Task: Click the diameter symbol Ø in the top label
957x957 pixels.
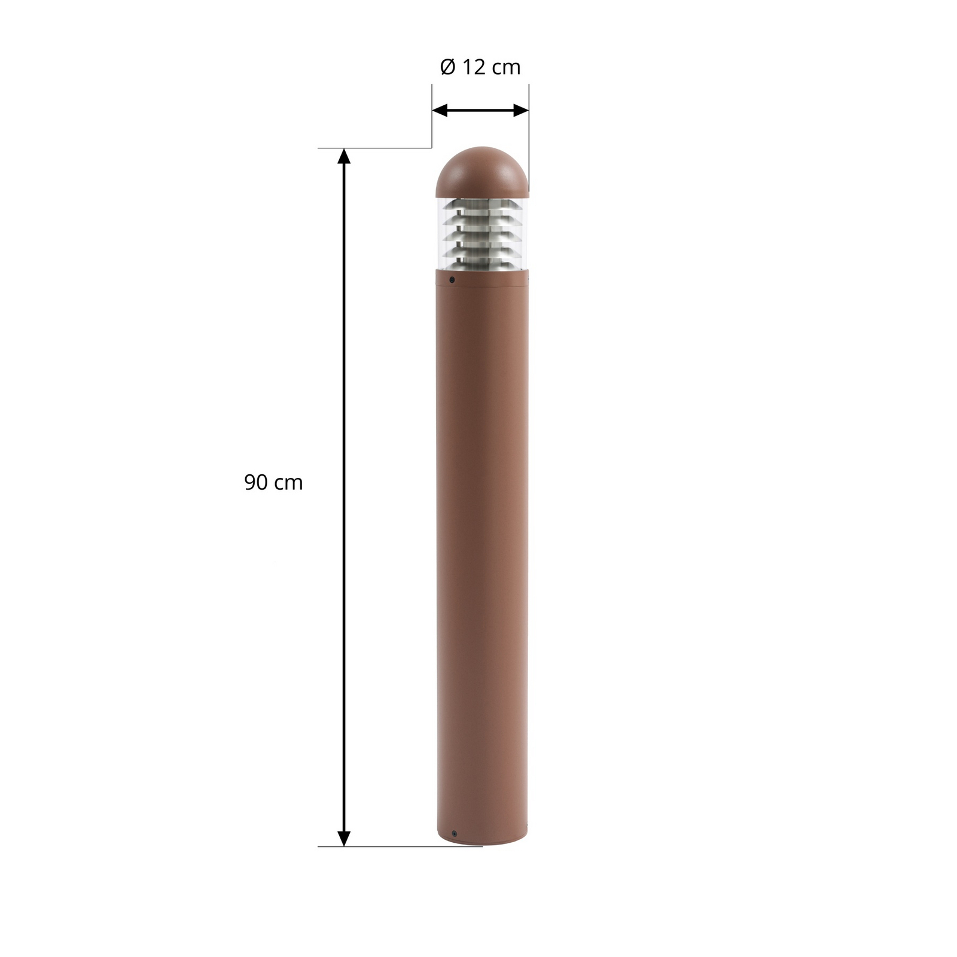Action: (x=447, y=67)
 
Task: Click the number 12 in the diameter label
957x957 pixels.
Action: (x=474, y=67)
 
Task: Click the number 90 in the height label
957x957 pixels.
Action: (x=255, y=482)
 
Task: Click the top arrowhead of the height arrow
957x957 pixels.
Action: (x=343, y=156)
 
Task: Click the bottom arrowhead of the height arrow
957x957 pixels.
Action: (x=343, y=838)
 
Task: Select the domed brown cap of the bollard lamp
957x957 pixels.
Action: (x=482, y=173)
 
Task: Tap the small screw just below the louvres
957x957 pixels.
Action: (x=452, y=279)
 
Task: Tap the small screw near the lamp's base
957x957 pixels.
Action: (x=455, y=833)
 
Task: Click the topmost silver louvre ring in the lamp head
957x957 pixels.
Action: (x=482, y=206)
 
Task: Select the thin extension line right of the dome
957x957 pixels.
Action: (x=529, y=138)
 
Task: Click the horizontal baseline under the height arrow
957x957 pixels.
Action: (x=395, y=846)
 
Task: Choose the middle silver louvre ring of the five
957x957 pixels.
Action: (x=482, y=232)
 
